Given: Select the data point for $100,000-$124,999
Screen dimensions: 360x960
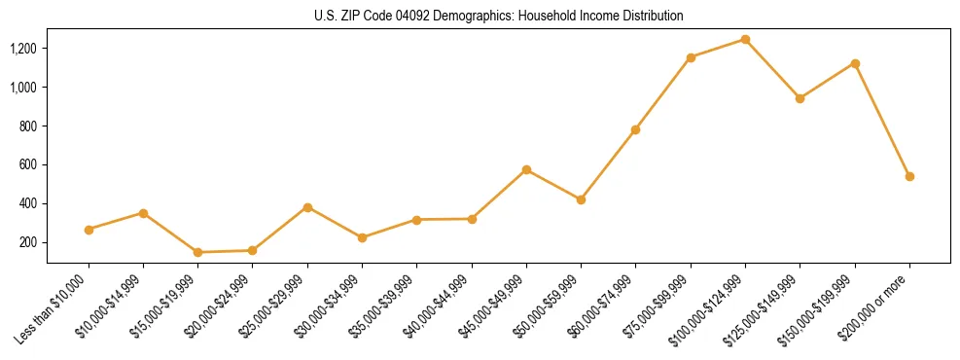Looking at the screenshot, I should click(x=745, y=40).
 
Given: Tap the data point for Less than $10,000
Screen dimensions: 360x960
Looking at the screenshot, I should click(x=89, y=230).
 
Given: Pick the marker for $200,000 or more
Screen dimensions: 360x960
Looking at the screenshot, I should click(x=909, y=176).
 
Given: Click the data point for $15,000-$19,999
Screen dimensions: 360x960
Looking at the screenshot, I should click(x=197, y=252).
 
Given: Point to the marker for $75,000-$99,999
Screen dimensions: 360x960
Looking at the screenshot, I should click(x=691, y=57).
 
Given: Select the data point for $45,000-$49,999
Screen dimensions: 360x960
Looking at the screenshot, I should click(x=526, y=169).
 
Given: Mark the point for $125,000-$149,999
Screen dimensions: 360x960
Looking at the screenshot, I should click(x=800, y=98).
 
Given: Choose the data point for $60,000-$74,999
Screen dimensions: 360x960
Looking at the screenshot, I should click(x=635, y=129).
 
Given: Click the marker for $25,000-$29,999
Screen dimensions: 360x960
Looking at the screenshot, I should click(x=307, y=207).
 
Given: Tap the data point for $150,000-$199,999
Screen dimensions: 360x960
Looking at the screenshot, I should click(x=855, y=63).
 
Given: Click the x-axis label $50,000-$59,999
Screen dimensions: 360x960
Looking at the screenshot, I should click(x=552, y=306).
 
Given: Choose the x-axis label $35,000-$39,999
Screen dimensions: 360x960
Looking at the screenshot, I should click(x=388, y=306).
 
